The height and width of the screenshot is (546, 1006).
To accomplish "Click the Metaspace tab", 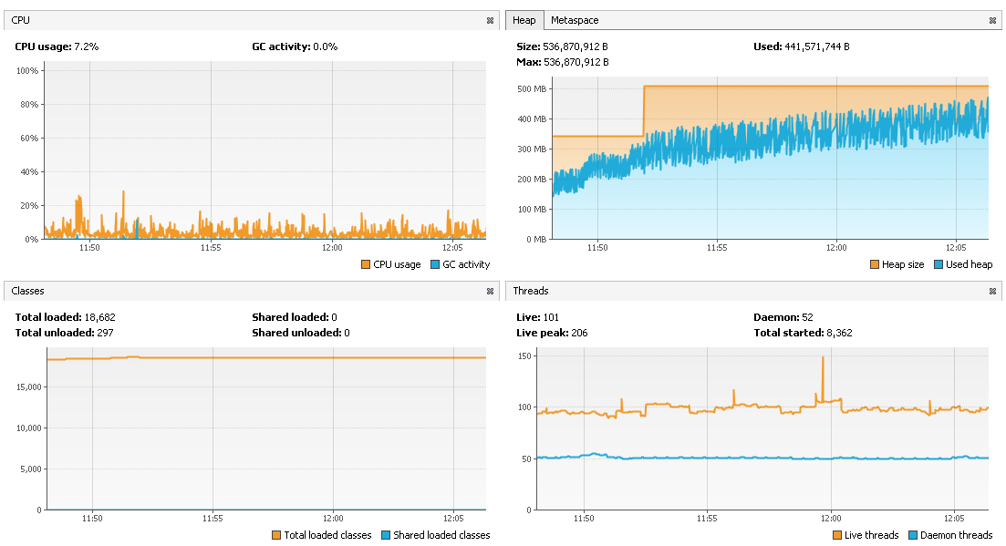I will pos(575,20).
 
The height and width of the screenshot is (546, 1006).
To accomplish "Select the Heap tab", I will pos(524,20).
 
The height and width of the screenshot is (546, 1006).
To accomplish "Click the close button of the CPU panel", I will pos(490,20).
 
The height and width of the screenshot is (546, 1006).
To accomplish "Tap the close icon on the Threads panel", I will pos(992,292).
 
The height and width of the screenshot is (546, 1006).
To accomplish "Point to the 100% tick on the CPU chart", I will pos(26,71).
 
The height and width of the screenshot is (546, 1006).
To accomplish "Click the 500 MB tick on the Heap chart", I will pos(531,89).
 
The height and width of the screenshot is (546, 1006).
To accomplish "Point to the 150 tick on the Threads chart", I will pos(523,355).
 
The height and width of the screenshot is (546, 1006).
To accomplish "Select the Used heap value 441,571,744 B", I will pos(817,46).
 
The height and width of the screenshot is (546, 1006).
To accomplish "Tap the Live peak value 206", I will pos(578,333).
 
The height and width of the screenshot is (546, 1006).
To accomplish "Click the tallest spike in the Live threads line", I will pos(823,357).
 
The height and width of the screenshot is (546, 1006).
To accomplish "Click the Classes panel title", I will pos(27,292).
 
